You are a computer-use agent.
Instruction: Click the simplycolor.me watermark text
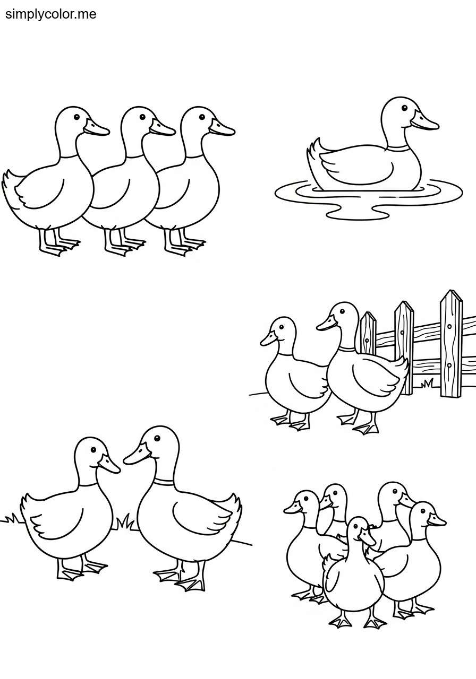coord(50,14)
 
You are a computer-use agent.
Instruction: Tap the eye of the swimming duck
coord(404,108)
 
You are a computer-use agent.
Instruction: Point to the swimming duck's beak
coord(424,123)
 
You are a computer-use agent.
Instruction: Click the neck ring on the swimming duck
coord(398,149)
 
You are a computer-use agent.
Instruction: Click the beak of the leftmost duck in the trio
coord(96,128)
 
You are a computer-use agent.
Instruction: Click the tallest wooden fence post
coord(451,345)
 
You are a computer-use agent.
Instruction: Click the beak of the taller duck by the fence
coord(327,324)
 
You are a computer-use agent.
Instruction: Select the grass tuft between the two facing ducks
coord(126,523)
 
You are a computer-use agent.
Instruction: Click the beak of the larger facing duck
coord(137,454)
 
